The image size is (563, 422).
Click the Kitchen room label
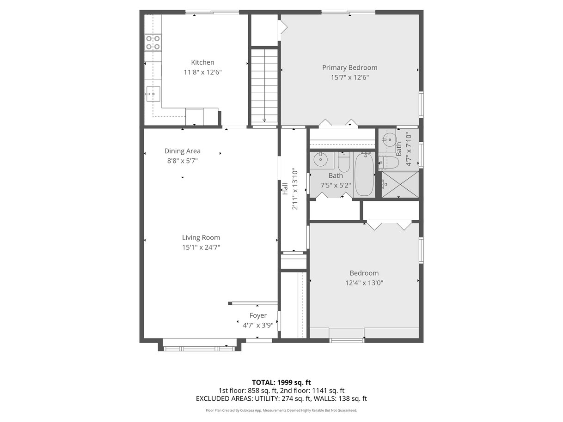pyautogui.click(x=202, y=62)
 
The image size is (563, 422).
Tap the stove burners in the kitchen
pyautogui.click(x=153, y=42)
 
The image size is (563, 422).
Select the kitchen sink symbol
pyautogui.click(x=153, y=94)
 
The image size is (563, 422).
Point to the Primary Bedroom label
pyautogui.click(x=349, y=68)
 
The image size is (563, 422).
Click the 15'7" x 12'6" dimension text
pyautogui.click(x=349, y=78)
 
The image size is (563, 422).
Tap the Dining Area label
pyautogui.click(x=183, y=151)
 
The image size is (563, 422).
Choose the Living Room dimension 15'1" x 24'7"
pyautogui.click(x=201, y=247)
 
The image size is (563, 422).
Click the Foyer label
pyautogui.click(x=258, y=315)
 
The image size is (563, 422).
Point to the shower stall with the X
pyautogui.click(x=400, y=185)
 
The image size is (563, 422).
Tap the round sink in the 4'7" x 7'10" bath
pyautogui.click(x=390, y=139)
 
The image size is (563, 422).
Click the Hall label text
pyautogui.click(x=285, y=188)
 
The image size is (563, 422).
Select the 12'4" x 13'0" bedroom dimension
pyautogui.click(x=364, y=283)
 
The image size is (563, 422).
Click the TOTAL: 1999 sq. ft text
pyautogui.click(x=281, y=382)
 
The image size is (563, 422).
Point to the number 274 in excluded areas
pyautogui.click(x=287, y=398)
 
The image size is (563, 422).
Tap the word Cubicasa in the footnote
pyautogui.click(x=247, y=410)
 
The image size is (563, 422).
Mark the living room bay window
pyautogui.click(x=199, y=349)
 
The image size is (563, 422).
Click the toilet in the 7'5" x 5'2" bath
pyautogui.click(x=344, y=162)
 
